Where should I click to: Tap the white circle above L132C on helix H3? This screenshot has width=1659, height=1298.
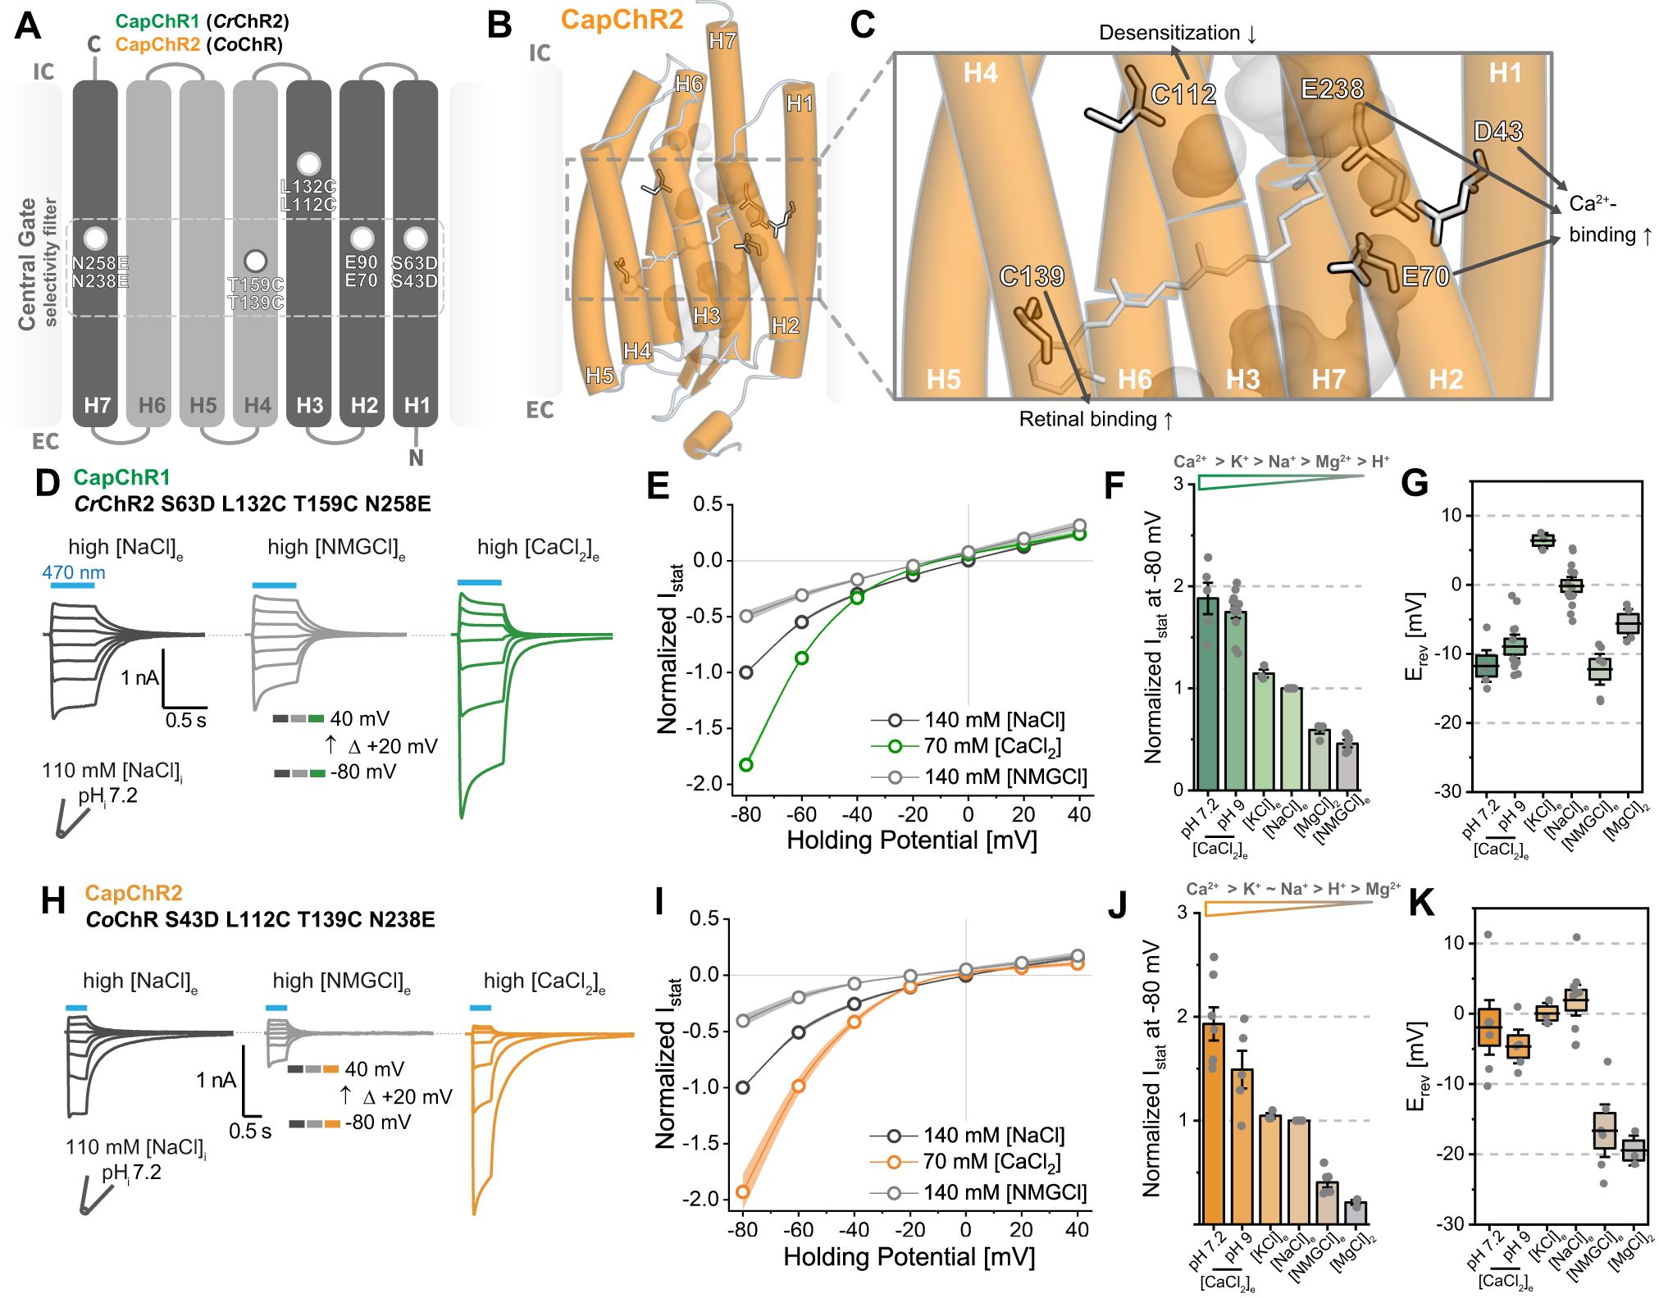[x=308, y=164]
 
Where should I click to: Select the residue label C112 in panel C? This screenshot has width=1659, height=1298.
[x=1183, y=94]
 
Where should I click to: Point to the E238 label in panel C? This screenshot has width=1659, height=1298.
[x=1332, y=89]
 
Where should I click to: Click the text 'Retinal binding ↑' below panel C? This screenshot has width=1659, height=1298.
[x=1096, y=420]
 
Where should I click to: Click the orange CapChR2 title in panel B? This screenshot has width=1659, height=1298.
[x=622, y=20]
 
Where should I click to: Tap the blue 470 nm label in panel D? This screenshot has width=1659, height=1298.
[x=74, y=572]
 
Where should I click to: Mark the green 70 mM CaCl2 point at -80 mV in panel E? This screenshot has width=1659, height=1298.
[x=746, y=765]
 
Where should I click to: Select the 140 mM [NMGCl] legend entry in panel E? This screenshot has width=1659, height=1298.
[x=1005, y=777]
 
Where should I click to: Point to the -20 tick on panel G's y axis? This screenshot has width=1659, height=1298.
[x=1451, y=722]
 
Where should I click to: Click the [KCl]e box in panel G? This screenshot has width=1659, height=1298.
[x=1543, y=540]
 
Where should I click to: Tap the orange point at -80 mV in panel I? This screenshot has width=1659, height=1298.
[x=743, y=1191]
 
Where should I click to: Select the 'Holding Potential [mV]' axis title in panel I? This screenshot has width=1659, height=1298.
[x=909, y=1257]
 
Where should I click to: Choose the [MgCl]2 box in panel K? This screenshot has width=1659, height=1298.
[x=1633, y=1150]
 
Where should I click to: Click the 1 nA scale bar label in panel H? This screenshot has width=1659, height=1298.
[x=216, y=1080]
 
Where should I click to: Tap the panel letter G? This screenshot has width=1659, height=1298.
[x=1415, y=483]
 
